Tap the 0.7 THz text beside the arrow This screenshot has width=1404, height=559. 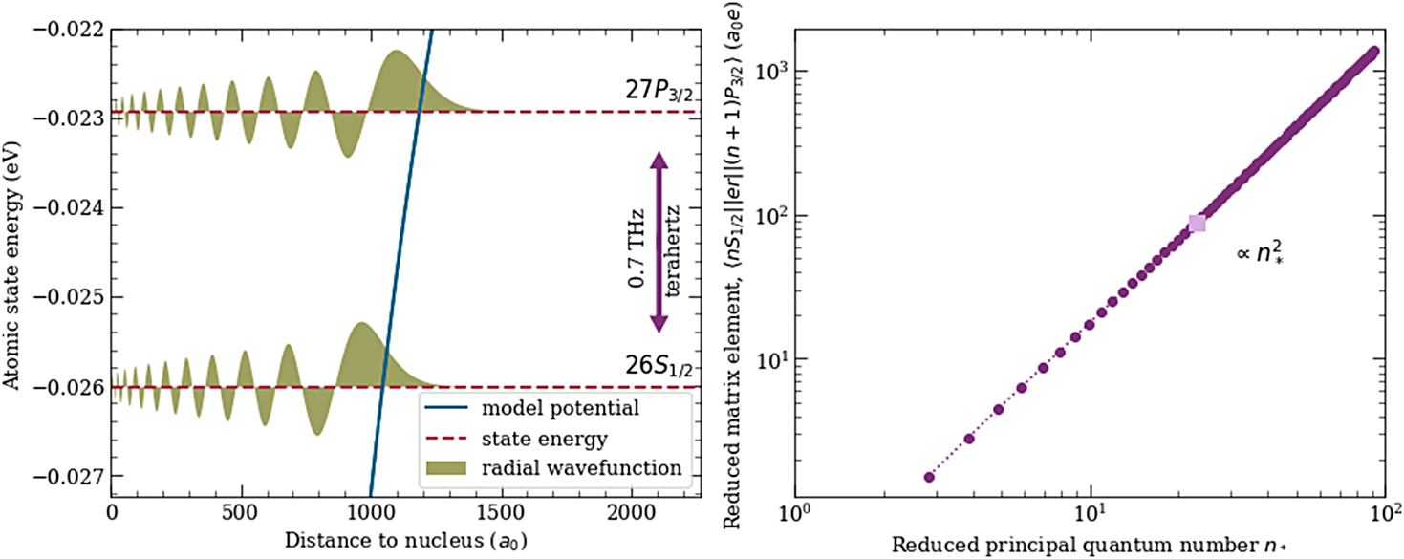tap(635, 244)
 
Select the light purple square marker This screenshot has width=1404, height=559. tap(1197, 223)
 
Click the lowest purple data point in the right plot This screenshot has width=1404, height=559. tap(928, 476)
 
